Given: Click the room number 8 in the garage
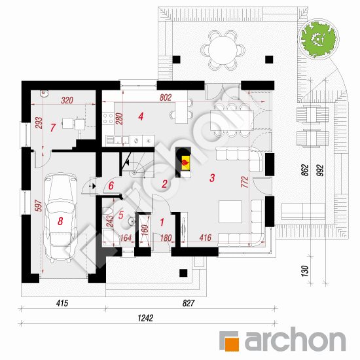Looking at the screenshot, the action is (x=60, y=221).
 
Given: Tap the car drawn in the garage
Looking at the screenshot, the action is (x=60, y=218).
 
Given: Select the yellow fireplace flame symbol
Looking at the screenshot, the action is (x=185, y=163).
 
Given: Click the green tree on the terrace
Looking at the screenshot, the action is (x=318, y=39).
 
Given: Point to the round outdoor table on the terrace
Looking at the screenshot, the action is (x=223, y=50).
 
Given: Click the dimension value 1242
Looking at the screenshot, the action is (x=145, y=318).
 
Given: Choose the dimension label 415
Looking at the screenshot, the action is (x=62, y=303).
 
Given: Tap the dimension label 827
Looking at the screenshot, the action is (x=189, y=303).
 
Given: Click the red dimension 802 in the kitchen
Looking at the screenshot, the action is (x=166, y=98).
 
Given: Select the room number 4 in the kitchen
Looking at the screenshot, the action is (x=141, y=117).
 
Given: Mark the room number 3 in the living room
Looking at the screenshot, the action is (x=212, y=177).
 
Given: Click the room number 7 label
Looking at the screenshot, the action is (x=53, y=128).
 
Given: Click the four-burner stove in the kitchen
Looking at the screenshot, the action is (x=108, y=118).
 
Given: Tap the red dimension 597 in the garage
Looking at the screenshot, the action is (x=39, y=206).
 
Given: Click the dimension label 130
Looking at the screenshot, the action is (x=304, y=271).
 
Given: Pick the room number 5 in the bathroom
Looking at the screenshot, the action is (x=121, y=215).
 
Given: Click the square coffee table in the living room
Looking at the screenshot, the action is (x=230, y=211).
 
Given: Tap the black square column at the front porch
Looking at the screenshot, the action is (x=183, y=273).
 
